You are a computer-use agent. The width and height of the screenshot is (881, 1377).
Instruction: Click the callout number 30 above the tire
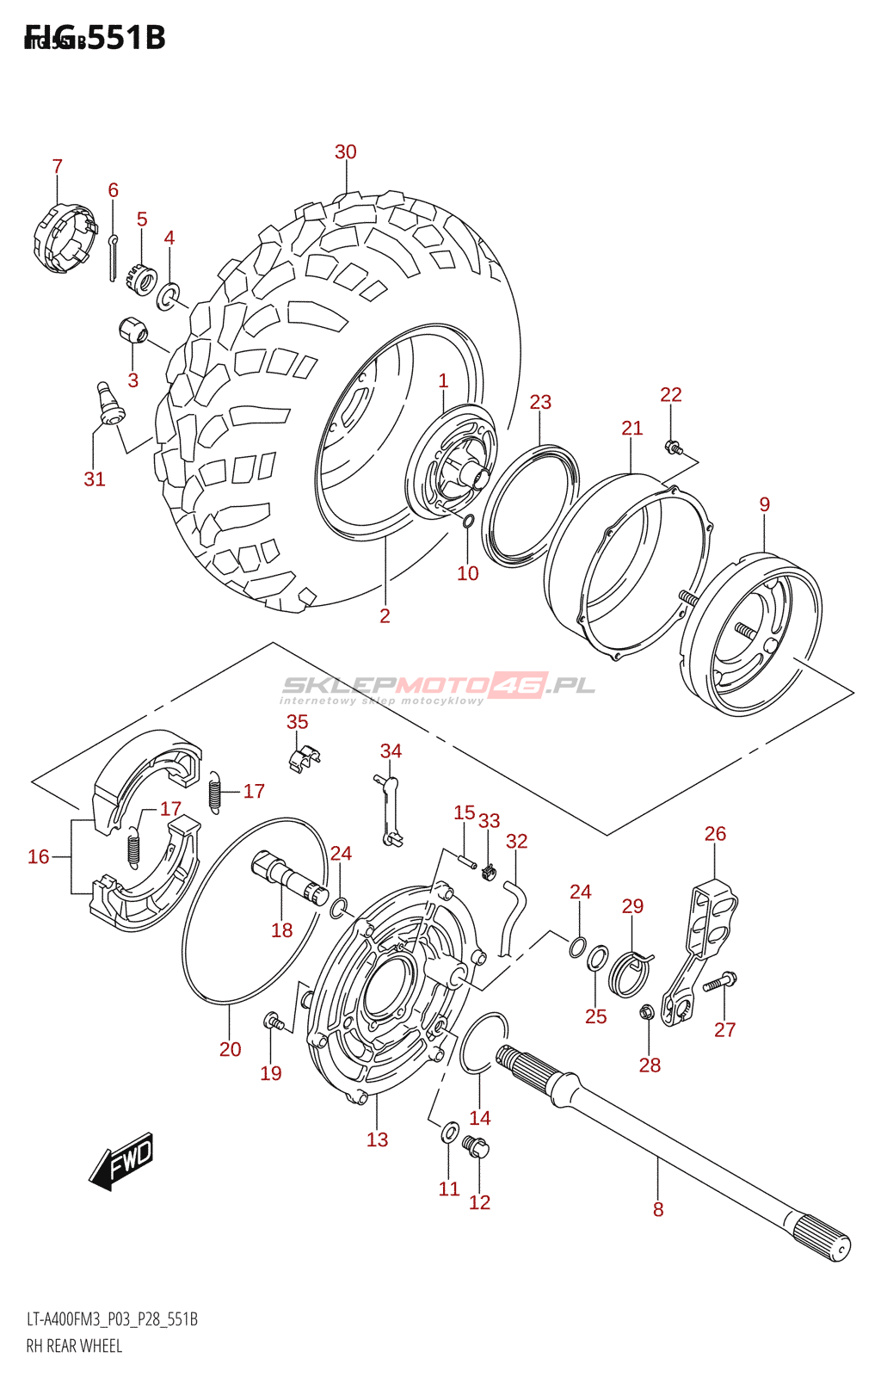(x=345, y=152)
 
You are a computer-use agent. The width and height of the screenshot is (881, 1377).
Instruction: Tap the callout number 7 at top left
(x=57, y=166)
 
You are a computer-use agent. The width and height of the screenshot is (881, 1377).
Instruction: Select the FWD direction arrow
(x=123, y=1161)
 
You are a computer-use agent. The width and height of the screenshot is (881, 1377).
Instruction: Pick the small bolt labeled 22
(x=673, y=447)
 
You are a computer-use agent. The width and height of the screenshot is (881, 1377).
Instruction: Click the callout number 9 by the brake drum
(x=764, y=504)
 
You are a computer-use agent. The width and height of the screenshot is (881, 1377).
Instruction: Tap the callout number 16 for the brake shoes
(x=38, y=856)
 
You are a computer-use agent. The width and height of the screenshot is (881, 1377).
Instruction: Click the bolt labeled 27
(x=719, y=982)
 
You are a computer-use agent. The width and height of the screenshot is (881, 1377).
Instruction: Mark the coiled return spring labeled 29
(x=631, y=972)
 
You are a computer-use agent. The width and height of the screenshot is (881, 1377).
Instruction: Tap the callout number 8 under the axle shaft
(x=658, y=1209)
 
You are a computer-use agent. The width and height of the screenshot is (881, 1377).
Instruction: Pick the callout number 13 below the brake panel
(x=377, y=1139)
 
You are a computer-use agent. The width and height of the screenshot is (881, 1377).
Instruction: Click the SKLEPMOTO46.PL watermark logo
(x=438, y=687)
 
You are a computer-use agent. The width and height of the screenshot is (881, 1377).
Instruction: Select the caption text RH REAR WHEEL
(x=74, y=1346)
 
